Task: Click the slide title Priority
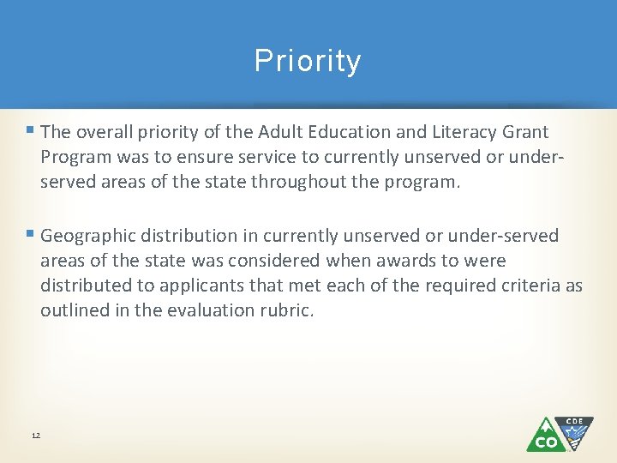[x=308, y=62]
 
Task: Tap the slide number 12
[x=35, y=436]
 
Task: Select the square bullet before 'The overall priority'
[x=30, y=131]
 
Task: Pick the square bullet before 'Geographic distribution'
[x=30, y=234]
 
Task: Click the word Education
[x=363, y=132]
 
